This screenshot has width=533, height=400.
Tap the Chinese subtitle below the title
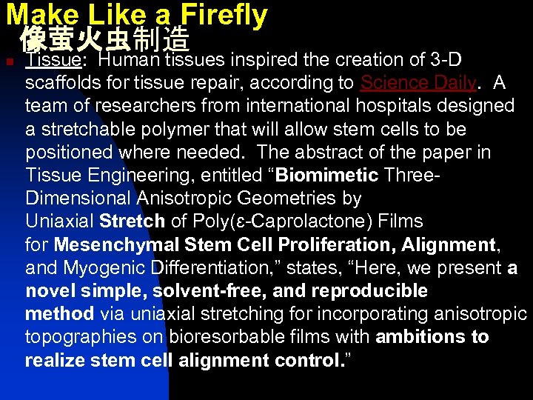pos(105,39)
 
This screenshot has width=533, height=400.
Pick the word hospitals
pos(363,105)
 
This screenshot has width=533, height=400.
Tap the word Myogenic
pos(98,267)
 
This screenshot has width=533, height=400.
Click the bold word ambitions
pos(420,338)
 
